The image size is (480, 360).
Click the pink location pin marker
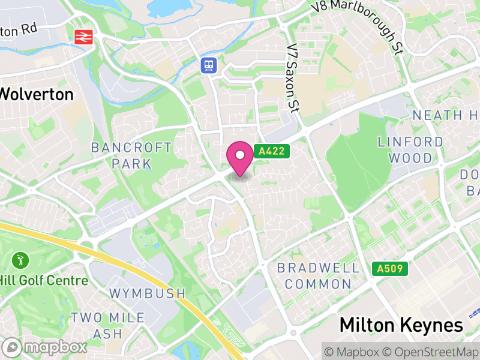(x=240, y=157)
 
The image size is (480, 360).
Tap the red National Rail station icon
(x=83, y=37)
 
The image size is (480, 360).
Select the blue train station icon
(x=208, y=65)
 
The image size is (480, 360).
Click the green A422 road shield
(x=271, y=152)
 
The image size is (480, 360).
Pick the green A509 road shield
(x=389, y=269)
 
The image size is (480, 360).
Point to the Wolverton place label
(x=36, y=94)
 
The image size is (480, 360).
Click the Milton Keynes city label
(x=401, y=325)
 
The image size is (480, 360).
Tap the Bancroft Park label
(x=131, y=155)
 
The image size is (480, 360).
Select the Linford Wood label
(x=410, y=150)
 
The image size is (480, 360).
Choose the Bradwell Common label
(x=318, y=275)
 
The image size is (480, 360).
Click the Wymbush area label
(x=148, y=293)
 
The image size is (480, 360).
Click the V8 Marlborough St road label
(x=358, y=26)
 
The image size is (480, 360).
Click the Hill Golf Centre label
(x=44, y=280)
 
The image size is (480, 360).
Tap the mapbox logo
(x=45, y=347)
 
